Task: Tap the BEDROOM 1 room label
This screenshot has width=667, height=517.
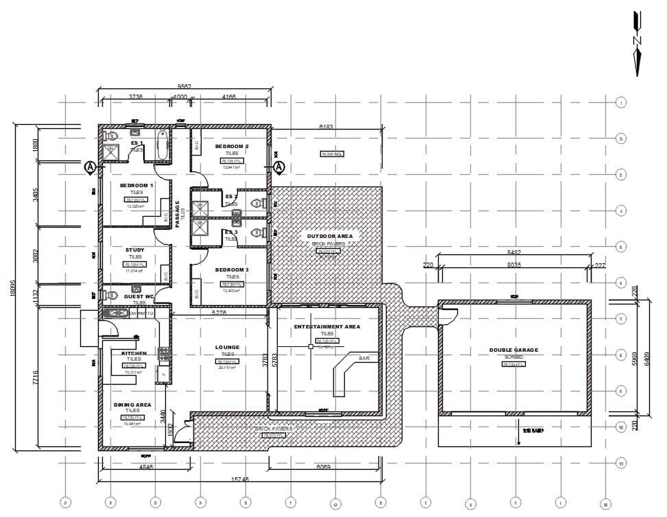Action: tap(137, 186)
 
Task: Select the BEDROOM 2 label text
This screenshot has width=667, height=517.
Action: tap(232, 147)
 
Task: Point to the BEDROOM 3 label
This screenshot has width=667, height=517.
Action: tap(232, 269)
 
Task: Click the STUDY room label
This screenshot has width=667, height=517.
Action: tap(135, 250)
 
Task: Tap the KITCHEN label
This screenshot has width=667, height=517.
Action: tap(134, 353)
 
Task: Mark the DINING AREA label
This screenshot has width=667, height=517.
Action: tap(133, 405)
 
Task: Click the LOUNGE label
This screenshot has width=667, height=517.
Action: tap(226, 348)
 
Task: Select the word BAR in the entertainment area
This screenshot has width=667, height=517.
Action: tap(365, 358)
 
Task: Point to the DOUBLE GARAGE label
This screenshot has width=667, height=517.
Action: tap(513, 350)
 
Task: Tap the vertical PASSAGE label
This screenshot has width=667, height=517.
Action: tap(177, 214)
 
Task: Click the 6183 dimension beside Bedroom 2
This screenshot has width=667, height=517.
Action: tap(326, 127)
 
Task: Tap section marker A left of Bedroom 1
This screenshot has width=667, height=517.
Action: tap(89, 166)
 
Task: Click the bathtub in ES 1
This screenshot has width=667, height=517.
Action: tap(162, 145)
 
